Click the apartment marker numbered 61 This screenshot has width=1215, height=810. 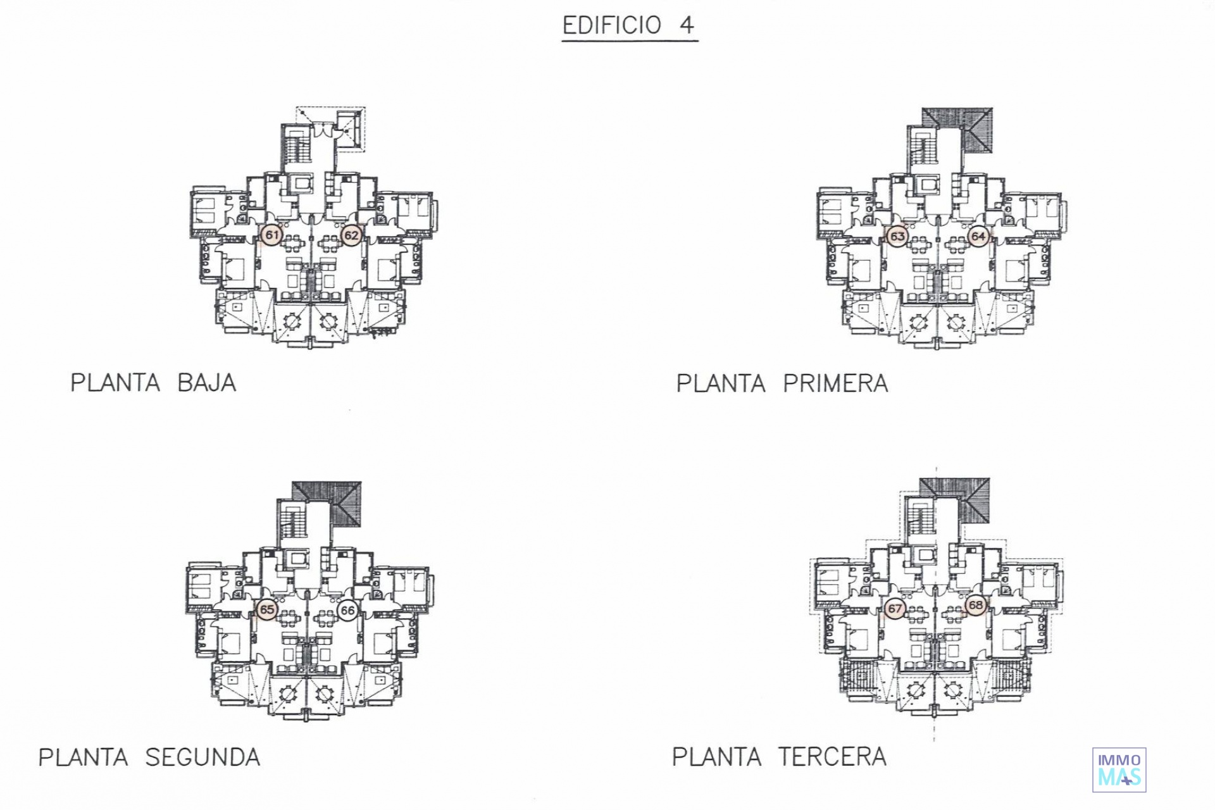(x=271, y=235)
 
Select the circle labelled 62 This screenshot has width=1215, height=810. (x=351, y=235)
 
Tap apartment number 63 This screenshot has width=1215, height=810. (x=897, y=237)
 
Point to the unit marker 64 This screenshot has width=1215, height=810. (x=978, y=237)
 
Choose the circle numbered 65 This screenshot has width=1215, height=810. (x=267, y=609)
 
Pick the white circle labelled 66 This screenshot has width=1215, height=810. (x=347, y=610)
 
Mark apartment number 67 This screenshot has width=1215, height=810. (x=895, y=609)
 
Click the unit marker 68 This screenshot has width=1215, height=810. (x=976, y=605)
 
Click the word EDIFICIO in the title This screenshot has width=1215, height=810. (x=612, y=25)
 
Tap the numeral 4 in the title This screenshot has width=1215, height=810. (x=687, y=25)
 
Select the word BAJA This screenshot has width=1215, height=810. (x=207, y=383)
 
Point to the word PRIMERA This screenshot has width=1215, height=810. (x=836, y=383)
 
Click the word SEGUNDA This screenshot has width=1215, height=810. (x=203, y=757)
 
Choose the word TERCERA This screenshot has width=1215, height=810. (x=832, y=757)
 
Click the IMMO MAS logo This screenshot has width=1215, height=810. (x=1119, y=769)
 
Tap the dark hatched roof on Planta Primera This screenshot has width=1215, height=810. (x=957, y=130)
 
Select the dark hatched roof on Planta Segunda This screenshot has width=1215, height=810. (x=327, y=504)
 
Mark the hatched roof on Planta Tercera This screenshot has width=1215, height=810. (x=954, y=500)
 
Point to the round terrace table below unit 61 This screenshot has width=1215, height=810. (x=293, y=322)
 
